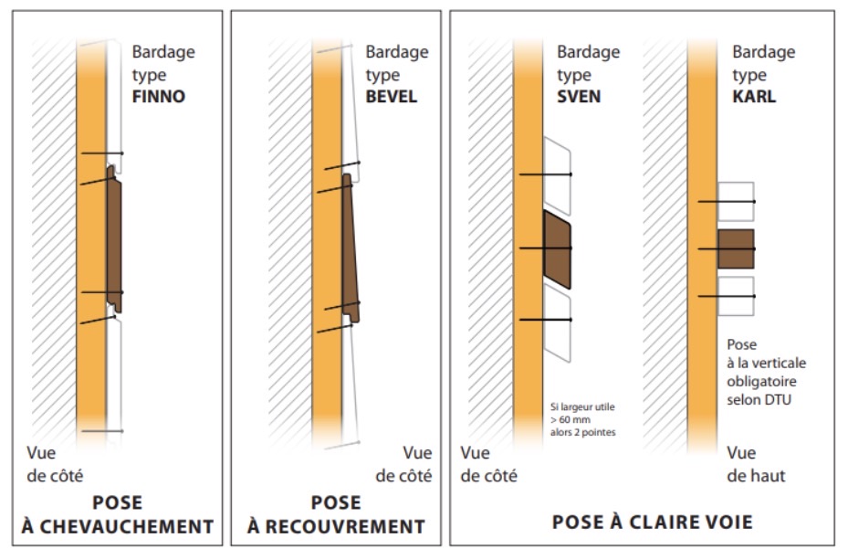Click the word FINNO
159,95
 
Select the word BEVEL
392,95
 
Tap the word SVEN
579,95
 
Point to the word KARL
754,95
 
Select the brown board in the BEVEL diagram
350,247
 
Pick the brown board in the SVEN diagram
557,248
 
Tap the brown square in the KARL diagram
736,248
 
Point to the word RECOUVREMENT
349,526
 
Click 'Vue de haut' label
756,464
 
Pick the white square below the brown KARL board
736,296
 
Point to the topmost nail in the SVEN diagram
545,174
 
